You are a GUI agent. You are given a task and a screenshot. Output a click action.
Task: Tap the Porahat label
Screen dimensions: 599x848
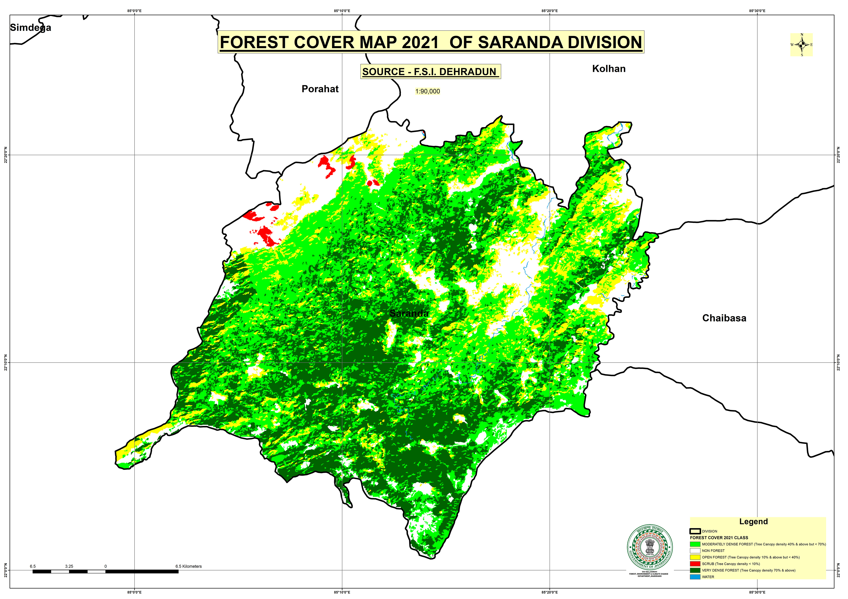coord(320,89)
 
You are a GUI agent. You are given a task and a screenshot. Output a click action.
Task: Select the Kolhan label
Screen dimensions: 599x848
coord(609,69)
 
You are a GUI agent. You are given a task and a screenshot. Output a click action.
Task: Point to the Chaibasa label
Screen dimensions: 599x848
coord(724,318)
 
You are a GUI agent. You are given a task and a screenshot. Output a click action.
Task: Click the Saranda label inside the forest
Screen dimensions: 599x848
coord(409,314)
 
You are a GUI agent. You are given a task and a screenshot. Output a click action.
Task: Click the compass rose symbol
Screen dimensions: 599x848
coord(801,45)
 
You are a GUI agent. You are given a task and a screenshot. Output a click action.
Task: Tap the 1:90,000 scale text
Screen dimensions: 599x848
coord(427,91)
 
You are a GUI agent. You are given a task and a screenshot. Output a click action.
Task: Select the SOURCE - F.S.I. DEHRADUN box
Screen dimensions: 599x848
coord(430,72)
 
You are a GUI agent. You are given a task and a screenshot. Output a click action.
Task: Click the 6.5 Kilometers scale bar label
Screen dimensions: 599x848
coord(188,566)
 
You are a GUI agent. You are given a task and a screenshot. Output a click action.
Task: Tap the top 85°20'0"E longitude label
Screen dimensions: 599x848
coord(550,11)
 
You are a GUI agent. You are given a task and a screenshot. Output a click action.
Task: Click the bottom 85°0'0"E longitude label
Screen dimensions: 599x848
coord(134,592)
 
